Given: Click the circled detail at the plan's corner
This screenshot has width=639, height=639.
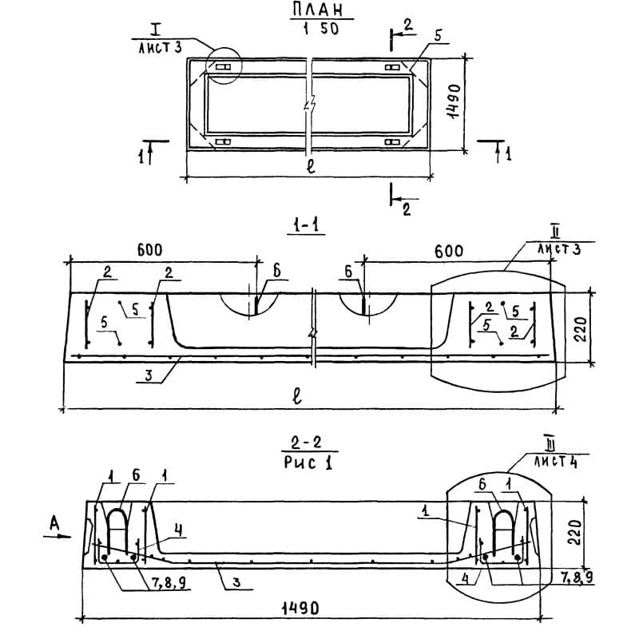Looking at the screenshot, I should (223, 65).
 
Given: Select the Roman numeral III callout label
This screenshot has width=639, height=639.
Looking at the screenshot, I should (549, 443).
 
